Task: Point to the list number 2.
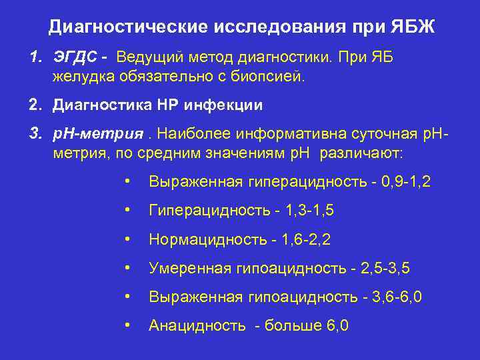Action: coord(35,105)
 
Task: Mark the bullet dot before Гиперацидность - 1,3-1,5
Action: coord(126,211)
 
